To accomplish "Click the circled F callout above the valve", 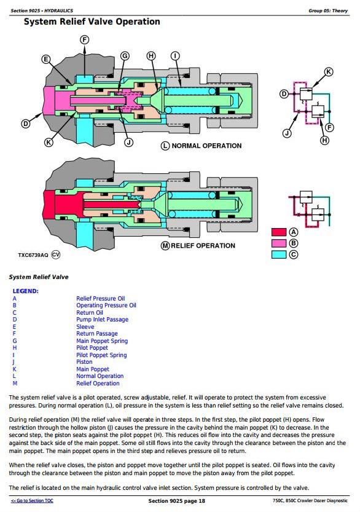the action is [85, 40].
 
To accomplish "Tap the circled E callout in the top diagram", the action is [46, 59].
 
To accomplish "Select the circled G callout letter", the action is [125, 56].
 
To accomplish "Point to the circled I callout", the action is [175, 56].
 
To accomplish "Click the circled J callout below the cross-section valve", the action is [129, 143].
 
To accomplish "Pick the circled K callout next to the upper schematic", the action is [328, 72].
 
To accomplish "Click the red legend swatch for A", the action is [279, 232].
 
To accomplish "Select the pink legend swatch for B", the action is [279, 243].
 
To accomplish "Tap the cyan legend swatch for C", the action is [279, 254].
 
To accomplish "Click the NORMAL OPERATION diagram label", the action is [206, 146].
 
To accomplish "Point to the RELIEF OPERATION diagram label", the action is [203, 246].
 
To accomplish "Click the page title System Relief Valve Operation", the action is [92, 22].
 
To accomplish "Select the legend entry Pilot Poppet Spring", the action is [101, 355].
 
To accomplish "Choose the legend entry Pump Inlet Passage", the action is [102, 320].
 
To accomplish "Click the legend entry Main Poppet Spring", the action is [102, 341].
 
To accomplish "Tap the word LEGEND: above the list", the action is [25, 291].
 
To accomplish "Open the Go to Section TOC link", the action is [32, 500].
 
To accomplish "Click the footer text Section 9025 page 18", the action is [176, 501].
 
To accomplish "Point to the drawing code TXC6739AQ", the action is [33, 255].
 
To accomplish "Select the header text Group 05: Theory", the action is [328, 11].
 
